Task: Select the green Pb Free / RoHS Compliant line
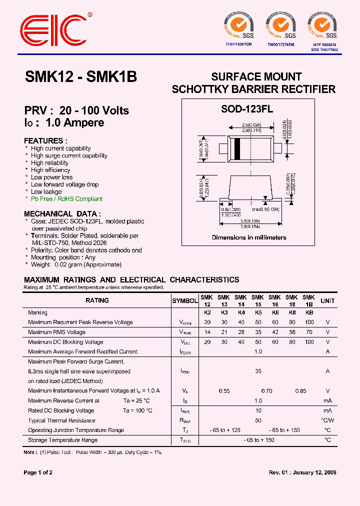tap(66, 198)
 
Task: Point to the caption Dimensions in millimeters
tap(249, 237)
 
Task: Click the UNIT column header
tap(327, 300)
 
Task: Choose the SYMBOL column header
tap(185, 300)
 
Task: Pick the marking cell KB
tap(309, 312)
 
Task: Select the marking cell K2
tap(207, 312)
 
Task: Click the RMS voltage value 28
tap(241, 332)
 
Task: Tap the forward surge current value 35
tap(258, 371)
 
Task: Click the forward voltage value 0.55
tap(224, 391)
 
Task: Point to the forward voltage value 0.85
tap(300, 391)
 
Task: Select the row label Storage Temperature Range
tap(63, 440)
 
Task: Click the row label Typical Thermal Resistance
tap(61, 420)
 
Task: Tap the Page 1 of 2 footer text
tap(38, 472)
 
